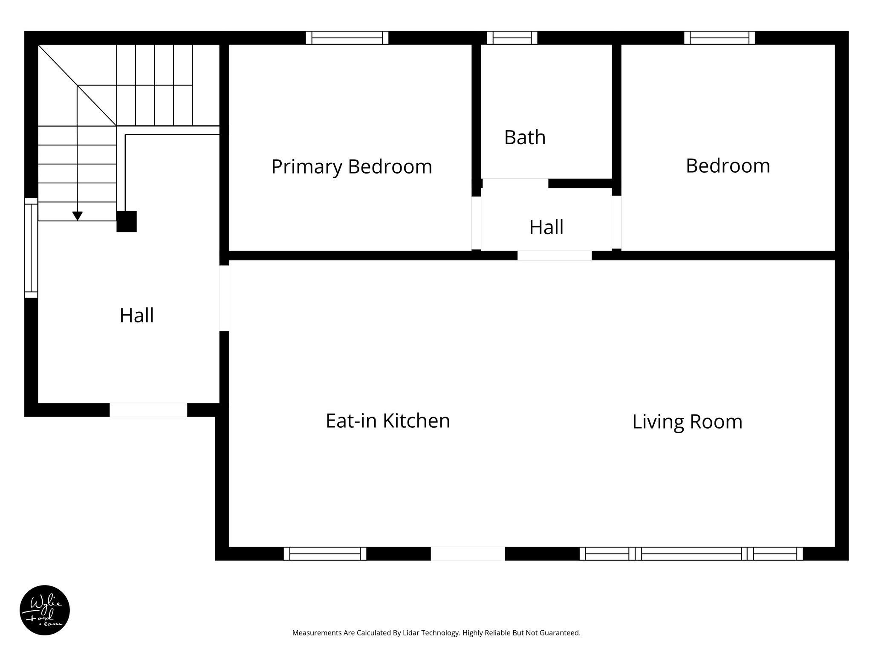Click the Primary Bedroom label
pos(352,166)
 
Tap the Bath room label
pos(525,137)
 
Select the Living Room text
pos(687,422)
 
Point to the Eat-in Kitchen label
pos(387,420)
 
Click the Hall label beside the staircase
pos(136,316)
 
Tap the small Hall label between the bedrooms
pos(546,227)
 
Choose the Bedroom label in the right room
pos(728,166)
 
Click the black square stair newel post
pos(127,221)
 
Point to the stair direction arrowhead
pos(77,216)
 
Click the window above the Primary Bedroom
pos(347,38)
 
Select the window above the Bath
pos(512,38)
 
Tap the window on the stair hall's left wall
pos(31,248)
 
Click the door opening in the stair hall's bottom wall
pos(148,410)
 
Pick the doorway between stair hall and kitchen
pos(224,298)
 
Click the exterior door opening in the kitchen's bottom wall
pos(468,554)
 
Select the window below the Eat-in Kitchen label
pos(325,554)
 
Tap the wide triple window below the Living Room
pos(691,554)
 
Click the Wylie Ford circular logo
pos(45,610)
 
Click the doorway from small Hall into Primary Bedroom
pos(476,223)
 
